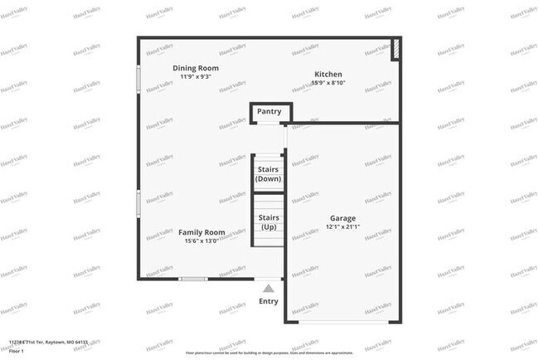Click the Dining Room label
[x=196, y=67]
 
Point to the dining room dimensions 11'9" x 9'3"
[x=196, y=77]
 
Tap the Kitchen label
[x=328, y=75]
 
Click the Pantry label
[x=269, y=111]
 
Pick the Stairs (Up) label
[x=269, y=222]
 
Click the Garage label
[x=342, y=218]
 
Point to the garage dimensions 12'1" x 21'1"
[x=342, y=227]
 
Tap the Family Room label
[x=202, y=232]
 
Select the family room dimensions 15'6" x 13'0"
[x=202, y=241]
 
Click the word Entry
[x=269, y=301]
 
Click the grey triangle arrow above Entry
[x=268, y=288]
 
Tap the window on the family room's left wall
[x=138, y=204]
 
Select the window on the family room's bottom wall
[x=193, y=279]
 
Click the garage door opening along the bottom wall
[x=343, y=322]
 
